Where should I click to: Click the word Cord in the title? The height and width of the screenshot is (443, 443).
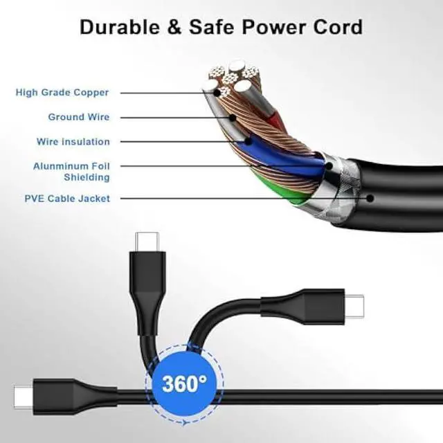click(x=338, y=27)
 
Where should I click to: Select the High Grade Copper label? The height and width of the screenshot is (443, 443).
click(x=62, y=93)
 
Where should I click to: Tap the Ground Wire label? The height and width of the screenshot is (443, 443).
click(x=78, y=117)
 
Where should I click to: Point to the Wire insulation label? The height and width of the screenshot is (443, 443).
click(x=73, y=142)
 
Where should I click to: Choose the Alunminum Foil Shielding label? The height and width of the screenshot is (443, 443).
click(x=71, y=172)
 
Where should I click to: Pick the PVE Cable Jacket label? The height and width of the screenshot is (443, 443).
click(x=67, y=199)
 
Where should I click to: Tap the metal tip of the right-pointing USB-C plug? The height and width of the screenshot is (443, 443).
click(x=354, y=303)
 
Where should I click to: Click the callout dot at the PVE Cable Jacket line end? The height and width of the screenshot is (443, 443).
click(x=370, y=199)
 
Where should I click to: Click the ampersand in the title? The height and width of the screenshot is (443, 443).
click(x=173, y=27)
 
